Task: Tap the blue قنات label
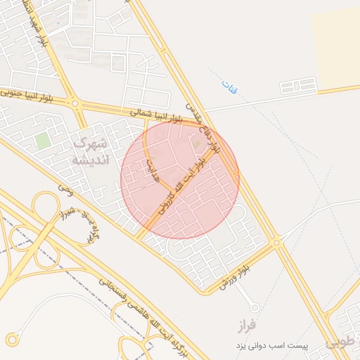pyautogui.click(x=229, y=87)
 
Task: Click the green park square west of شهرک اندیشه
pyautogui.click(x=43, y=140)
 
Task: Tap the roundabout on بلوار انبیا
pyautogui.click(x=75, y=105)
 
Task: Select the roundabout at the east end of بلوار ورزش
pyautogui.click(x=277, y=243)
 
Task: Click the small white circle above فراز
pyautogui.click(x=255, y=307)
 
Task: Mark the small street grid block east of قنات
pyautogui.click(x=299, y=87)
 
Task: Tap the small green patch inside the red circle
pyautogui.click(x=197, y=145)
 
